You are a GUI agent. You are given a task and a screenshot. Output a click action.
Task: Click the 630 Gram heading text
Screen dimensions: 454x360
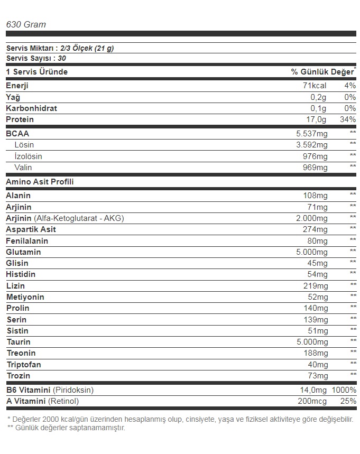tap(25, 24)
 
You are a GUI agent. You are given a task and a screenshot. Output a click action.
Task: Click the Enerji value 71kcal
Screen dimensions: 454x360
tap(315, 86)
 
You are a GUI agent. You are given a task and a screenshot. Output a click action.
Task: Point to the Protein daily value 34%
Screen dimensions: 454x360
tap(348, 119)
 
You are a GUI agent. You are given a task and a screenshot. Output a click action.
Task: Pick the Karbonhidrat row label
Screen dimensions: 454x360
tap(31, 108)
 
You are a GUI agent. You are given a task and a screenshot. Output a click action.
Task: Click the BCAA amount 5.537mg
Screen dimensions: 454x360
tap(312, 134)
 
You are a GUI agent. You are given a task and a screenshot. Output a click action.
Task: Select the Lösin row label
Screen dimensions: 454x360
tap(24, 145)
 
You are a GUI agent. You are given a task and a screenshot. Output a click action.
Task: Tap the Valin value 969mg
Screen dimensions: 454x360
tap(316, 168)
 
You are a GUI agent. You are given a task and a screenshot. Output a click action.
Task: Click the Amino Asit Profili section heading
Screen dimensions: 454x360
tap(40, 181)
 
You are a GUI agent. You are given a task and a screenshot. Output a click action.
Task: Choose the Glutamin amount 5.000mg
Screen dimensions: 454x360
tap(312, 252)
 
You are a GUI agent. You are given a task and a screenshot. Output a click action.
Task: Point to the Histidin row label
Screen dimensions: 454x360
tap(21, 274)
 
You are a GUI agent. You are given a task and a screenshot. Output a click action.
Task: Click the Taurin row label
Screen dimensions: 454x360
tap(19, 342)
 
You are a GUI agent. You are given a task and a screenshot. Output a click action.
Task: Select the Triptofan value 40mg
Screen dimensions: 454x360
tap(318, 365)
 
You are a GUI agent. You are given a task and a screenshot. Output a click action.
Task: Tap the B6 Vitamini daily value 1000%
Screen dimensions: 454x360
tap(344, 390)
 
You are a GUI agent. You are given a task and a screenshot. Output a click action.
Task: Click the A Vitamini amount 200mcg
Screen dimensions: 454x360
tap(313, 402)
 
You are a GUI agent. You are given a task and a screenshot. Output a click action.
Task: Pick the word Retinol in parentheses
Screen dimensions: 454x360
tap(63, 402)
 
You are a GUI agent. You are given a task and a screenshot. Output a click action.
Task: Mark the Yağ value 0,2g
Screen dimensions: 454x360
tap(319, 97)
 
